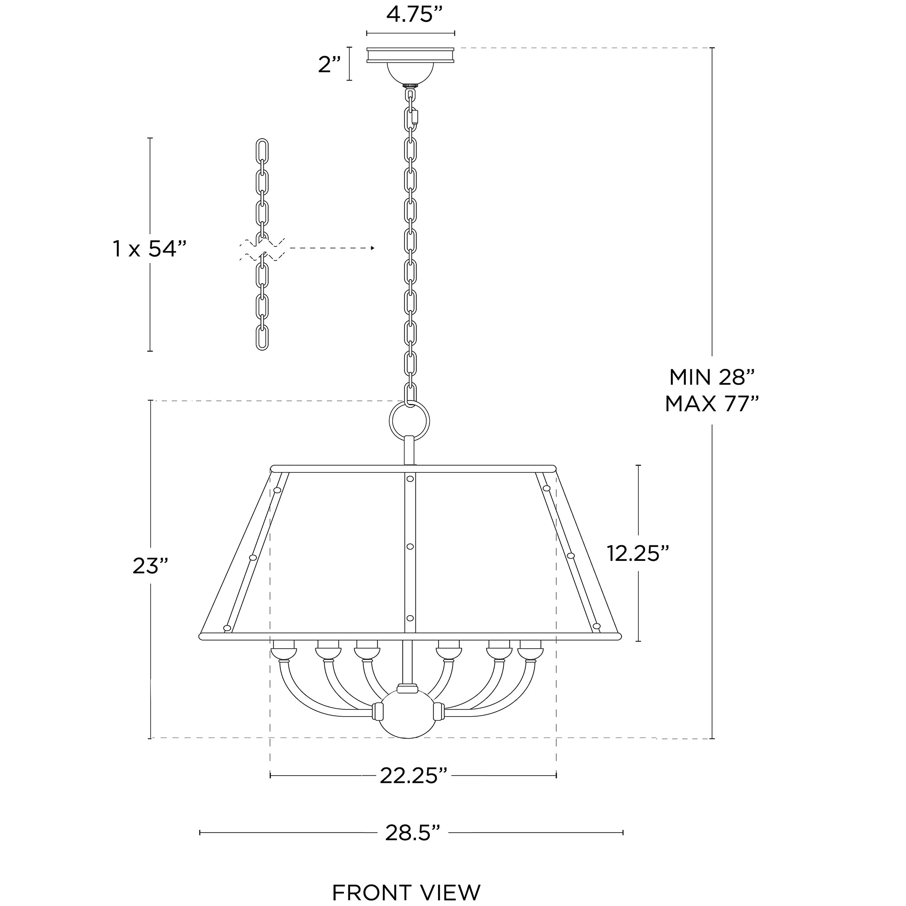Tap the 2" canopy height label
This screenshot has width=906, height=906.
(x=329, y=64)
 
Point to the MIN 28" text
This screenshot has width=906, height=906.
(x=711, y=377)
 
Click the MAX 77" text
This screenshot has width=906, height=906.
(x=711, y=403)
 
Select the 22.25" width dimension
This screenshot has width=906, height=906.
(x=413, y=776)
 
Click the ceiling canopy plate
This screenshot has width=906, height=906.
(x=410, y=55)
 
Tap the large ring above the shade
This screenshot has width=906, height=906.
(x=410, y=420)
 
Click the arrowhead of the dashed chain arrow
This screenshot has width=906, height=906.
(x=373, y=248)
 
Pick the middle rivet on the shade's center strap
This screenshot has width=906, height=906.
(x=410, y=547)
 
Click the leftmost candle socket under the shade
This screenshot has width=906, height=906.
(x=284, y=651)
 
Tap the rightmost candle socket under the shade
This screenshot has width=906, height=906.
(x=530, y=651)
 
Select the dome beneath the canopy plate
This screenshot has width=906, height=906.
(x=410, y=73)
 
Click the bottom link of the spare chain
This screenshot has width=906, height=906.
(x=262, y=337)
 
